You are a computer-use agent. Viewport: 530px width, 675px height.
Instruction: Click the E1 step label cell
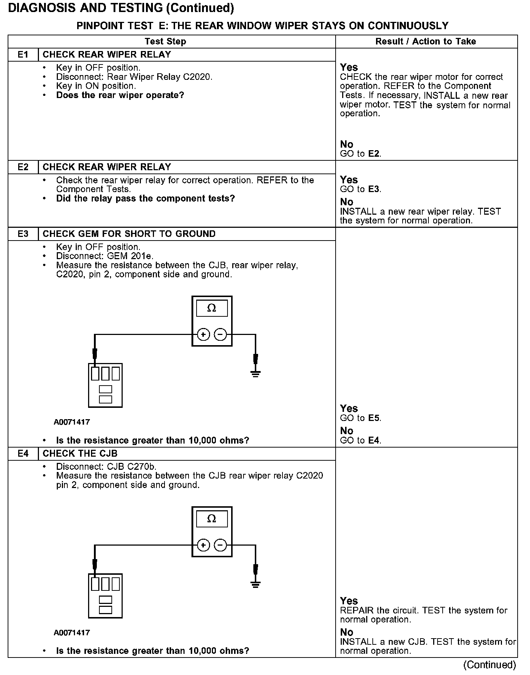pyautogui.click(x=23, y=55)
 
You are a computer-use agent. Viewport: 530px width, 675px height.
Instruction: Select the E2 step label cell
pyautogui.click(x=23, y=167)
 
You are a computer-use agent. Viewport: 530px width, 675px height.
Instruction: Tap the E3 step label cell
pyautogui.click(x=23, y=234)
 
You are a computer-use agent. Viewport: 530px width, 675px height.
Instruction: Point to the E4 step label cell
pyautogui.click(x=23, y=453)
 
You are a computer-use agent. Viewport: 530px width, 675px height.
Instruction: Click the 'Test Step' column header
pyautogui.click(x=166, y=42)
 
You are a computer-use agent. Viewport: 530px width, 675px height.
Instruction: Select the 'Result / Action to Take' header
pyautogui.click(x=426, y=42)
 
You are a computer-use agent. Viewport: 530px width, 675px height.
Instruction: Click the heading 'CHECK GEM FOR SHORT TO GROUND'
pyautogui.click(x=129, y=234)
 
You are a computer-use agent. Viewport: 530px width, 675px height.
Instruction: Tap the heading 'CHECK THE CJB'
pyautogui.click(x=80, y=453)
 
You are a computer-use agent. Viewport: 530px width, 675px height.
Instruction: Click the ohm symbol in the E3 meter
pyautogui.click(x=211, y=308)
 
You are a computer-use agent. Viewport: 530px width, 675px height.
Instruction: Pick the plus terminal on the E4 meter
pyautogui.click(x=203, y=545)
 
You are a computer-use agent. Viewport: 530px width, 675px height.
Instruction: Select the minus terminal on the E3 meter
pyautogui.click(x=220, y=334)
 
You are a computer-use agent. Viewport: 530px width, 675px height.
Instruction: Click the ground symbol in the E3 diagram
pyautogui.click(x=256, y=373)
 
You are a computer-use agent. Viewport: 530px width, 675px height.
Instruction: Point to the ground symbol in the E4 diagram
pyautogui.click(x=256, y=584)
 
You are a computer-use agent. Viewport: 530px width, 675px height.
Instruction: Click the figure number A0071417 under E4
pyautogui.click(x=72, y=633)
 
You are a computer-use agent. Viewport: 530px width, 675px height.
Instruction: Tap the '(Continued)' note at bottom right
pyautogui.click(x=490, y=665)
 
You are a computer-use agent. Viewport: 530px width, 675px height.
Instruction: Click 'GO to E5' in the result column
pyautogui.click(x=360, y=418)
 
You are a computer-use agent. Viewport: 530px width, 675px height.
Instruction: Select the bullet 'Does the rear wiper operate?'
pyautogui.click(x=120, y=95)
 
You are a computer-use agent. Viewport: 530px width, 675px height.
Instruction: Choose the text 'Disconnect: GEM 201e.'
pyautogui.click(x=105, y=256)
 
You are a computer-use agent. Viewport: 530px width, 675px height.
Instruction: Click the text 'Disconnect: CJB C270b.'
pyautogui.click(x=106, y=467)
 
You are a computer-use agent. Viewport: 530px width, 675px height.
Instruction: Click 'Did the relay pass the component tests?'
pyautogui.click(x=146, y=199)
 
